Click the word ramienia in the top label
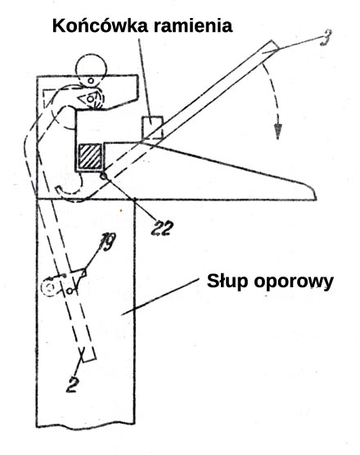point(193,25)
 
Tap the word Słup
point(227,281)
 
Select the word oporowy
point(294,282)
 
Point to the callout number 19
point(106,241)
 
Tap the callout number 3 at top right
point(325,38)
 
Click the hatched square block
point(90,156)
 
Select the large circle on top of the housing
point(91,70)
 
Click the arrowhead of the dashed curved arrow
point(278,132)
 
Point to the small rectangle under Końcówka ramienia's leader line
point(152,128)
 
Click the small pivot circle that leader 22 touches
point(104,176)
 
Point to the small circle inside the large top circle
point(91,80)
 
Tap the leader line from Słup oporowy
point(160,296)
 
